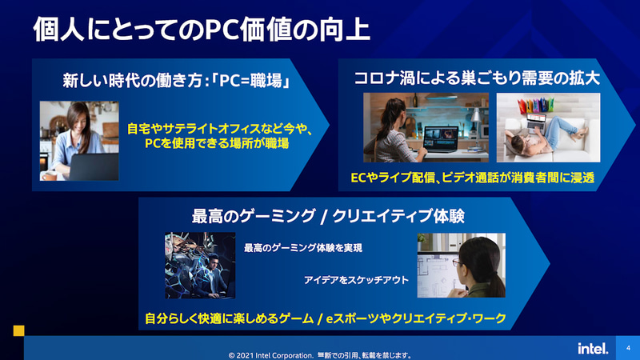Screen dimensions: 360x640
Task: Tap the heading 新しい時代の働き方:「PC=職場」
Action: pyautogui.click(x=175, y=81)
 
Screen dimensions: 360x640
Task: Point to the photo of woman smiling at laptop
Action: pyautogui.click(x=79, y=140)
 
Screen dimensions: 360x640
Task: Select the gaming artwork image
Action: pyautogui.click(x=200, y=266)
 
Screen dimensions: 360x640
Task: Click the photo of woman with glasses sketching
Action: pyautogui.click(x=461, y=266)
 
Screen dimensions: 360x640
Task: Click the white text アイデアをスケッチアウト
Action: pyautogui.click(x=356, y=280)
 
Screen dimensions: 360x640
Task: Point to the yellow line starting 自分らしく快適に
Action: pyautogui.click(x=326, y=318)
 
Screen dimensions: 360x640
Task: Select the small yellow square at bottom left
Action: pyautogui.click(x=19, y=330)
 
